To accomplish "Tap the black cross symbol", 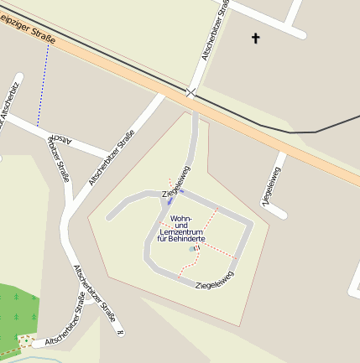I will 256,38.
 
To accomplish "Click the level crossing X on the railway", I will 192,92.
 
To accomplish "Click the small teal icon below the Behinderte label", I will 193,249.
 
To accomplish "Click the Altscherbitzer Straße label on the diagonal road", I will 108,158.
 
